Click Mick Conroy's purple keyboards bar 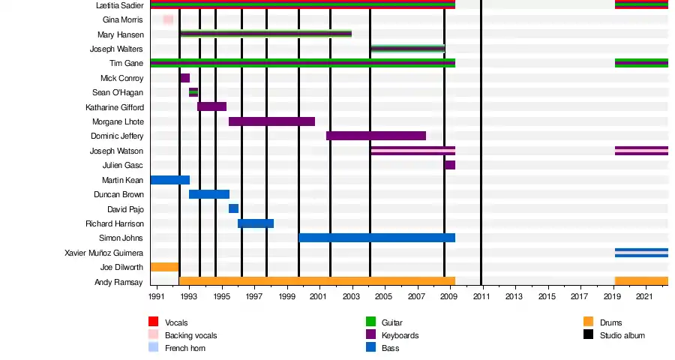[184, 78]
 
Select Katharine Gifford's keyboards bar [211, 106]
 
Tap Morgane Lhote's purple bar [271, 121]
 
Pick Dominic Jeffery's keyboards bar [376, 136]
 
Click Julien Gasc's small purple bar [449, 165]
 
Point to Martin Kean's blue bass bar [169, 180]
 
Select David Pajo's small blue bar [233, 208]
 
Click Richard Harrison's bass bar [256, 223]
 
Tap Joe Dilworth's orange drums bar [164, 267]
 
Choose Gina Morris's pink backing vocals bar [168, 19]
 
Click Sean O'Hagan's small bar [193, 92]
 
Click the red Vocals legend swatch [154, 322]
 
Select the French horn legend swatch [154, 347]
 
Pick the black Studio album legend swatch [589, 334]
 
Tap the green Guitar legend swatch [370, 322]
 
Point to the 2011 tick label [481, 297]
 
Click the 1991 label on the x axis [157, 297]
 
